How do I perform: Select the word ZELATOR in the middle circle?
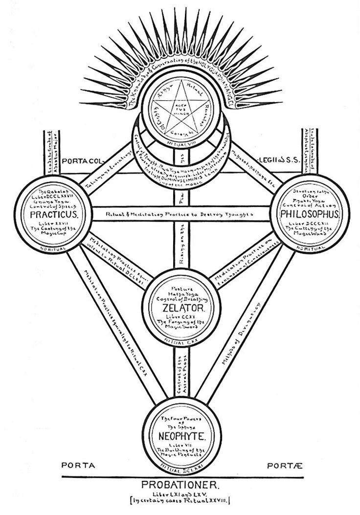(179, 308)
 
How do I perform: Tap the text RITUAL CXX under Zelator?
(179, 340)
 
